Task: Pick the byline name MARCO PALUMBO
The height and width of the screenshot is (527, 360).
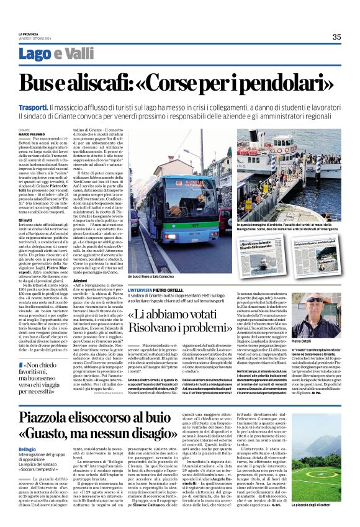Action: pyautogui.click(x=32, y=134)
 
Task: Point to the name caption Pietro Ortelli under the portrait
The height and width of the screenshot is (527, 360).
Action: pyautogui.click(x=318, y=341)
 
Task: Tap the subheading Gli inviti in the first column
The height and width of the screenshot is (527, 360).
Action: pyautogui.click(x=25, y=220)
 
